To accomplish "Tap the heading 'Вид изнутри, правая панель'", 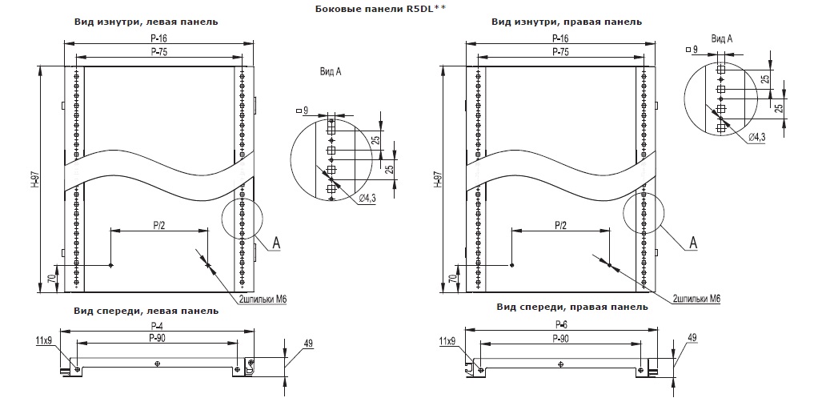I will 566,22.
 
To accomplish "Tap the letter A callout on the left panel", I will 275,240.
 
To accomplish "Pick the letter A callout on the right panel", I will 694,241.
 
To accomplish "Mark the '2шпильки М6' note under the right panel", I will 696,298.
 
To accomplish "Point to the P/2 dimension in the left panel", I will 158,225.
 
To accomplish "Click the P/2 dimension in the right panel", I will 561,225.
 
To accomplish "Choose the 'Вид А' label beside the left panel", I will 331,72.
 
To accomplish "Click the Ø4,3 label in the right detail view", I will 758,137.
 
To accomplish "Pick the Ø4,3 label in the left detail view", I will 368,198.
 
